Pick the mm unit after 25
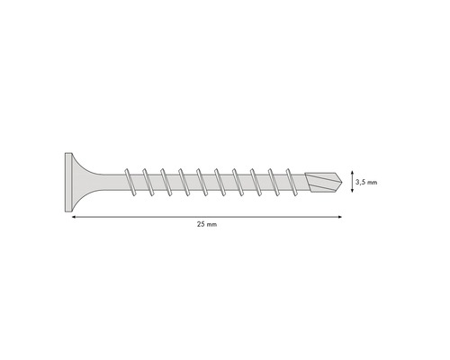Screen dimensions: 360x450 [211, 225]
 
